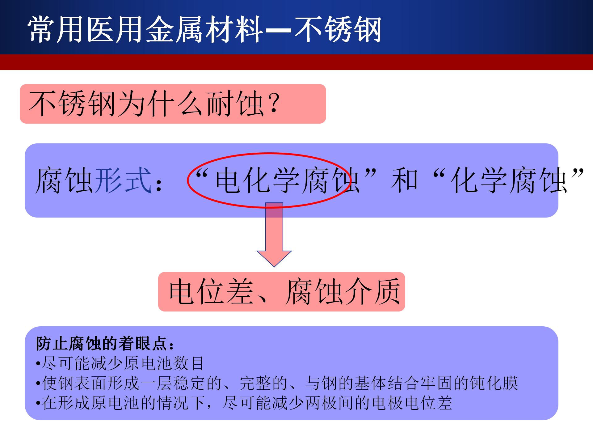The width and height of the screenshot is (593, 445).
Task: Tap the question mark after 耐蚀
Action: pyautogui.click(x=274, y=103)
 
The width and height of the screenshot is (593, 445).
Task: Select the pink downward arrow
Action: pyautogui.click(x=274, y=235)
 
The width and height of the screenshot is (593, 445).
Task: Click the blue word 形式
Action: pyautogui.click(x=124, y=180)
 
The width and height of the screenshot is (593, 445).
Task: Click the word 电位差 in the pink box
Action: pyautogui.click(x=211, y=291)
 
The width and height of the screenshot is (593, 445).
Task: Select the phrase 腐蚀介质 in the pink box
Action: pyautogui.click(x=343, y=291)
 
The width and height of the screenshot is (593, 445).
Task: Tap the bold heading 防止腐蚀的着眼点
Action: pyautogui.click(x=102, y=344)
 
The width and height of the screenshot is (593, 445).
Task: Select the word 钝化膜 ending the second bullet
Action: pyautogui.click(x=494, y=383)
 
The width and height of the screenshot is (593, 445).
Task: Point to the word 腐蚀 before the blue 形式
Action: pyautogui.click(x=64, y=180)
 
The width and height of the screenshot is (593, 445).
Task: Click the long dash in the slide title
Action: pyautogui.click(x=278, y=30)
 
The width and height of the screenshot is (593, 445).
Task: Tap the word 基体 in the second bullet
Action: pyautogui.click(x=370, y=383)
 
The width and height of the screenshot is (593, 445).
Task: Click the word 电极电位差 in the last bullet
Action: pyautogui.click(x=412, y=403)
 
